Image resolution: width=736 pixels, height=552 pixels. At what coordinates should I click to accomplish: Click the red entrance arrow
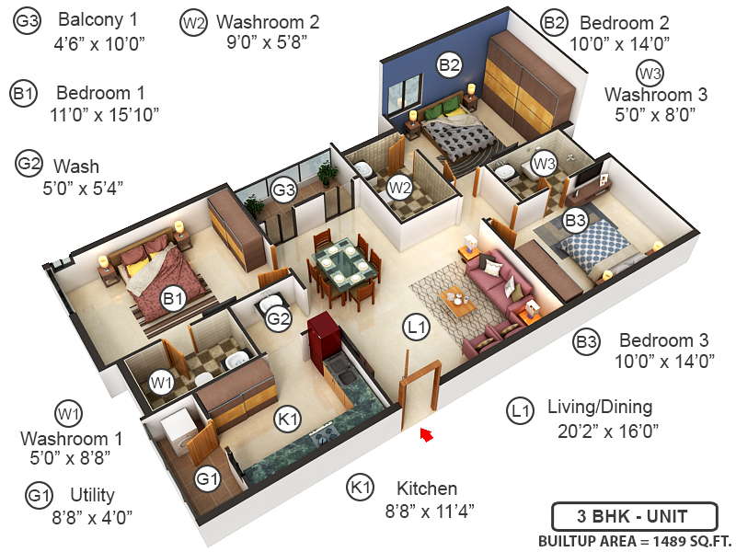(426, 434)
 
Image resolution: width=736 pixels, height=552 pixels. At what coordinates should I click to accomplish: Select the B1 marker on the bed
(173, 298)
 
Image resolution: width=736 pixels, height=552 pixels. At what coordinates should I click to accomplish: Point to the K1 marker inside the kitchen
(288, 420)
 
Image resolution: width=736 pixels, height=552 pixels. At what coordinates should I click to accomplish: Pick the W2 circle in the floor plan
(398, 188)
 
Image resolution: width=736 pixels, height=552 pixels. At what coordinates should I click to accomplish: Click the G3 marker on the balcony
(283, 190)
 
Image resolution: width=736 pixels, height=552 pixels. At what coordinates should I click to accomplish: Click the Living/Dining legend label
(599, 407)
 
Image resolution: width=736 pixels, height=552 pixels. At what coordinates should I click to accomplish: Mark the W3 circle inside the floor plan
(545, 164)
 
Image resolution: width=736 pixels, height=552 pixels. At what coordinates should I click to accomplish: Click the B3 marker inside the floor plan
(575, 221)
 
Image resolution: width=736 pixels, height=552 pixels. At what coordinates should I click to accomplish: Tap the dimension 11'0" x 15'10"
(105, 114)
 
